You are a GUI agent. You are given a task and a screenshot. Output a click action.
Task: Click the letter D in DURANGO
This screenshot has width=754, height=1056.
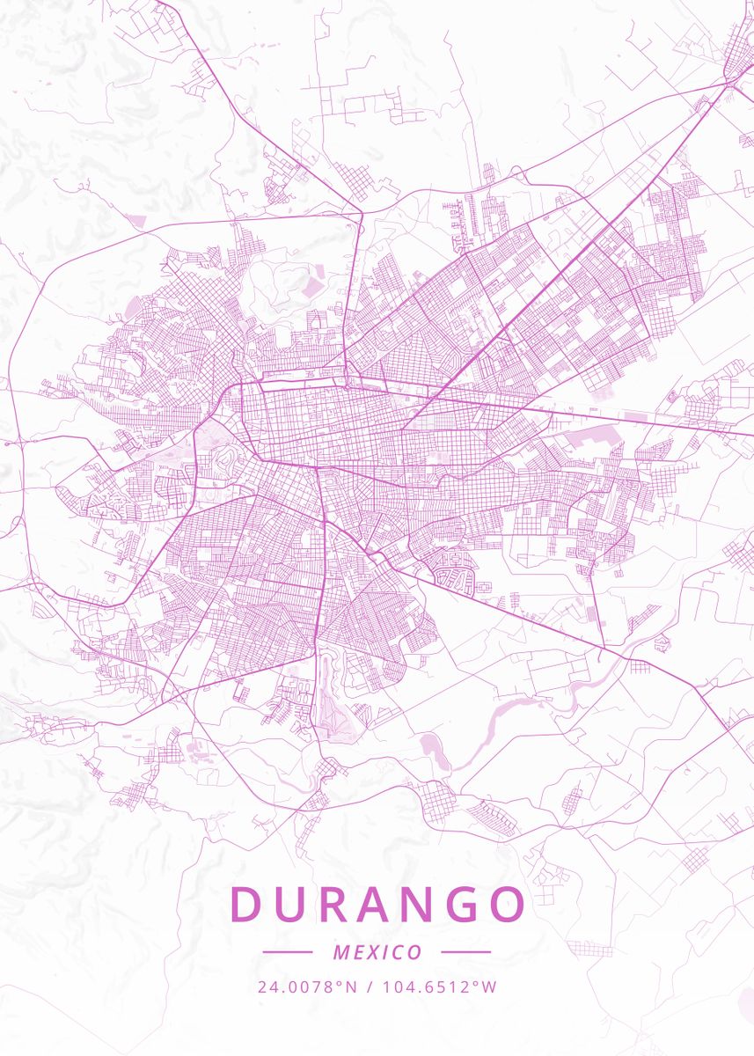247,904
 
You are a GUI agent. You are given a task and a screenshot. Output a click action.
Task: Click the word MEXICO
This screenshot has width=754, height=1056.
377,952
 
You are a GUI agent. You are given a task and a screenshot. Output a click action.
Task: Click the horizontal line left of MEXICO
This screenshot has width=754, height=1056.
287,952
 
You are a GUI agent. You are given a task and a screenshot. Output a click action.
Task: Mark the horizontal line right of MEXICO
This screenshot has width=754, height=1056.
465,952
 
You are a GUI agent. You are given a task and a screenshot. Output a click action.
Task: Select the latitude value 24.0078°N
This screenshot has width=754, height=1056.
307,986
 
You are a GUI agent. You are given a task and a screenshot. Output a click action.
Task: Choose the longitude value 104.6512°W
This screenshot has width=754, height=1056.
439,986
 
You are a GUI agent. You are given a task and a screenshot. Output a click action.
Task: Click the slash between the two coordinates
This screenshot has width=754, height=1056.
369,986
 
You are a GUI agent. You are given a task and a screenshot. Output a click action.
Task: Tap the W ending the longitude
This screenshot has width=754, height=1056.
490,986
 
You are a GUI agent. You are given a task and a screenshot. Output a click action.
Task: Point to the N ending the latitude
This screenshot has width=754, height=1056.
351,986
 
